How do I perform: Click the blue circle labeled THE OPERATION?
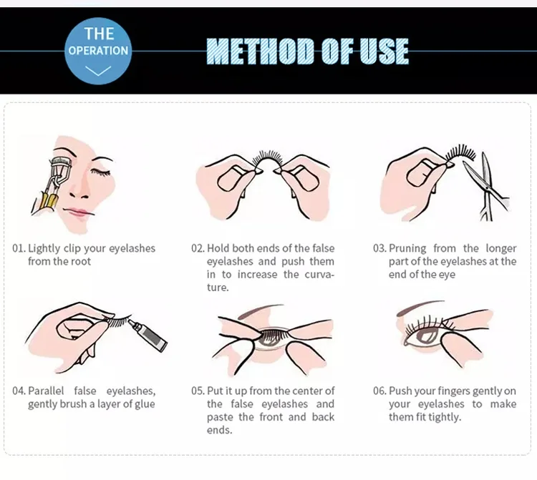(x=98, y=52)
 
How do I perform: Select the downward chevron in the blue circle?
(x=98, y=71)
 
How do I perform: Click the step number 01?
(x=19, y=248)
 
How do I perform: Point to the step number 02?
(x=198, y=248)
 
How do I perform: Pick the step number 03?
(x=379, y=248)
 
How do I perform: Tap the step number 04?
(x=19, y=391)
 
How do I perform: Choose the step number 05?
(x=198, y=391)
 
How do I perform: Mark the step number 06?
(x=379, y=391)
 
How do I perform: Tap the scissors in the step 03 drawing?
(x=485, y=187)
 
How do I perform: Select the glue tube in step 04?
(x=148, y=335)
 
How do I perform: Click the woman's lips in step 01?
(x=79, y=212)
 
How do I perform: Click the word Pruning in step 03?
(x=407, y=249)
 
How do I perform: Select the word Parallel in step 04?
(x=46, y=391)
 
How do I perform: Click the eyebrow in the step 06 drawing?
(x=420, y=307)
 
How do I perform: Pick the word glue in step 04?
(x=145, y=404)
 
